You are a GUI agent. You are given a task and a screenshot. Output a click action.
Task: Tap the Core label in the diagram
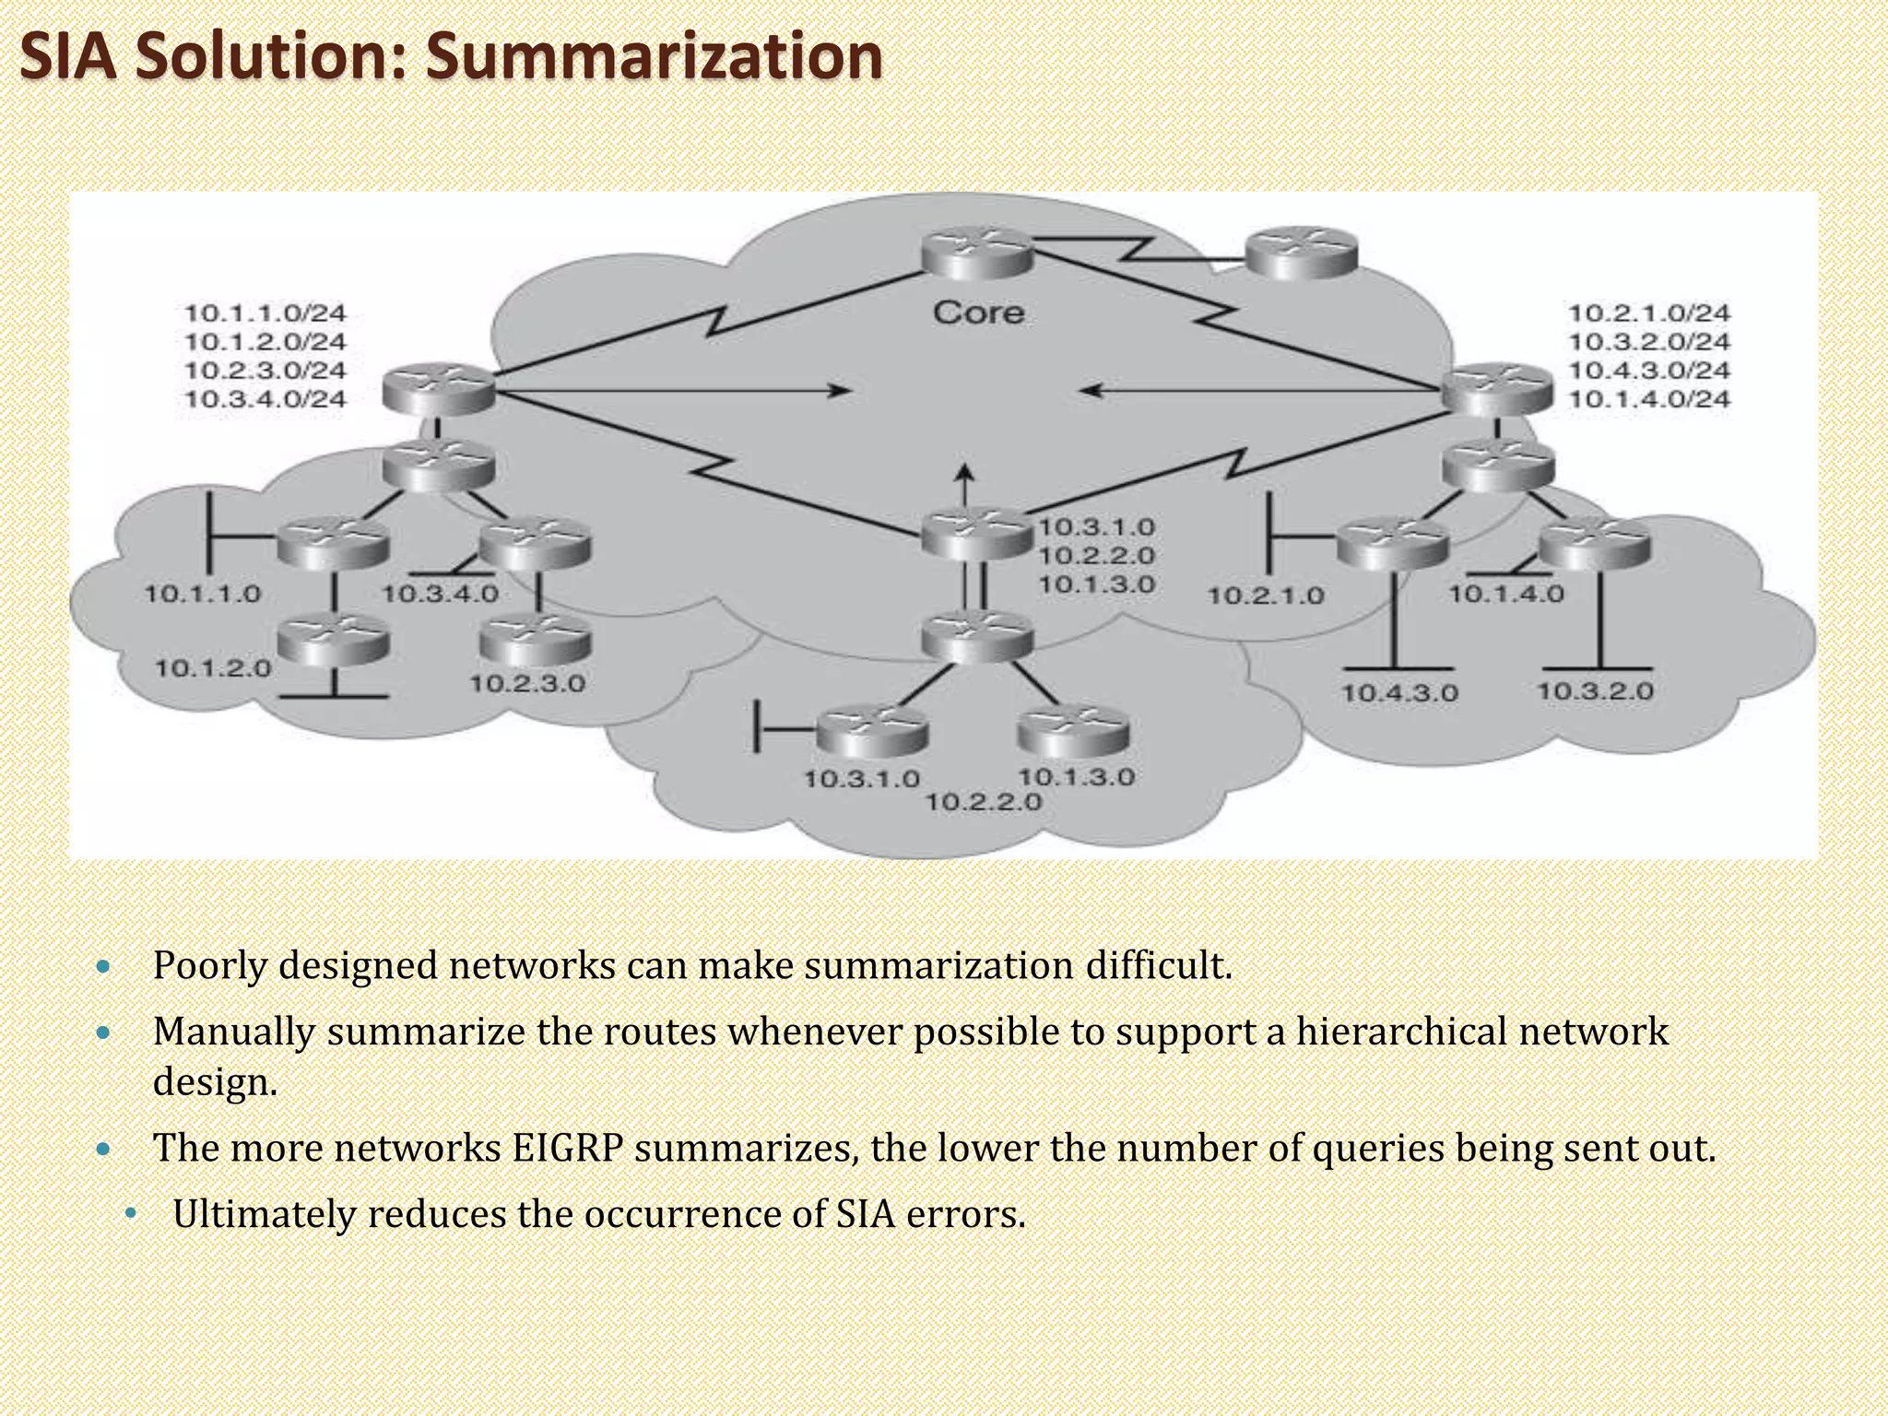(978, 313)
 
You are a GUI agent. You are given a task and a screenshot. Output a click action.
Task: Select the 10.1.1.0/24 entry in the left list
(265, 313)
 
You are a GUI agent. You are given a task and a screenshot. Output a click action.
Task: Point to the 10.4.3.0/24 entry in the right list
(1649, 371)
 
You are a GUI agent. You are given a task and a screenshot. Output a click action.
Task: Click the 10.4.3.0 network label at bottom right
(1398, 693)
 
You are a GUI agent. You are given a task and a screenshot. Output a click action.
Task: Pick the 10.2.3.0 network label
(527, 684)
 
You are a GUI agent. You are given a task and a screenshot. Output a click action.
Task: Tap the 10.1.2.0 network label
(213, 668)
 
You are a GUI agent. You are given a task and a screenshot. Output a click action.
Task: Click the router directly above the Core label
(977, 252)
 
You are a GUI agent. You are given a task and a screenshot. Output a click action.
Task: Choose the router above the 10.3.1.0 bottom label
(872, 732)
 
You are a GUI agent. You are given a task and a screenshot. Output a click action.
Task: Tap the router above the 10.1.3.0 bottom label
(1073, 732)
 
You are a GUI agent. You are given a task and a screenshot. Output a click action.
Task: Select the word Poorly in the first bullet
(209, 966)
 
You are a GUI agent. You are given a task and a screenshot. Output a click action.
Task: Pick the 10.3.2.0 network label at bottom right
(1595, 691)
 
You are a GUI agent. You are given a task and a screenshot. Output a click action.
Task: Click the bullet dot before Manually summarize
(103, 1032)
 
